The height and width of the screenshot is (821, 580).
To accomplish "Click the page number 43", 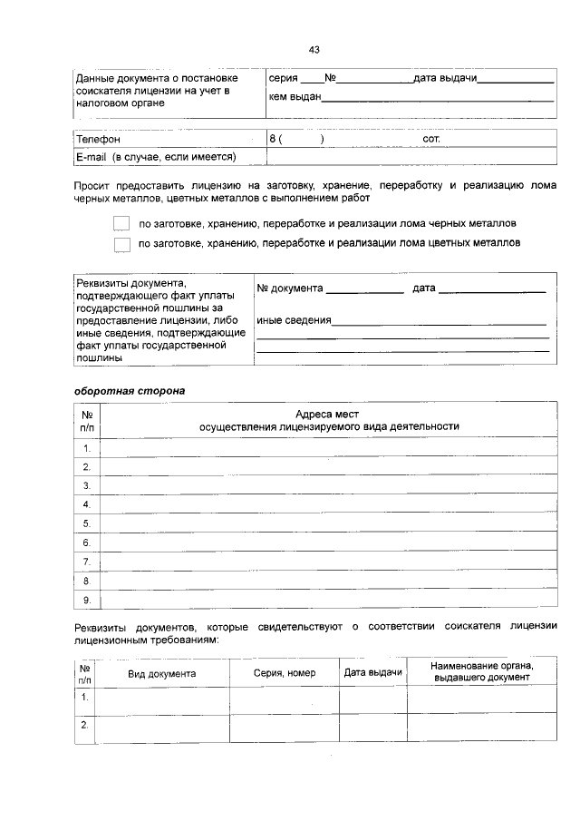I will click(314, 50).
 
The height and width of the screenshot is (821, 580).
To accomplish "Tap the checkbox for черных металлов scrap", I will click(122, 223).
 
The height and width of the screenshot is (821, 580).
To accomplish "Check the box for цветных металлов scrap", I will click(122, 244).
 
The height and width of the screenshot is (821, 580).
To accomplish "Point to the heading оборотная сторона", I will click(129, 391).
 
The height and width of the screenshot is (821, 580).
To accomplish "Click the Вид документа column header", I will click(161, 674).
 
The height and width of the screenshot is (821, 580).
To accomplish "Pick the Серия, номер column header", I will click(285, 674).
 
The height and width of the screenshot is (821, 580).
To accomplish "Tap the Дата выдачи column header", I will click(372, 672).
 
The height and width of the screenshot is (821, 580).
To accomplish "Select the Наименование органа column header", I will click(482, 672).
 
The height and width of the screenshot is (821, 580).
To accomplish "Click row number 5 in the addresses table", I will click(87, 523).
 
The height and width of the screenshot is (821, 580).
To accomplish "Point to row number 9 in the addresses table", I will click(87, 600).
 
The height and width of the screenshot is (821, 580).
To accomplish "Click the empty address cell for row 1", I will click(328, 448).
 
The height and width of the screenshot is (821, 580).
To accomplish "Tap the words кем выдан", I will click(295, 97).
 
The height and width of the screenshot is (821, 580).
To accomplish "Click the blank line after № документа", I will click(364, 289).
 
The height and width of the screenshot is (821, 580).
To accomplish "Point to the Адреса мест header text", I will click(328, 414).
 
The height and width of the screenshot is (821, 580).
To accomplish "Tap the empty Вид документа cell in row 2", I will click(163, 728).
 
